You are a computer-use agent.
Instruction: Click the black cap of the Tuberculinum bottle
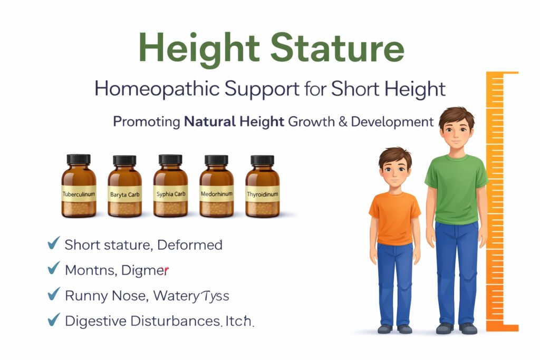click(x=79, y=159)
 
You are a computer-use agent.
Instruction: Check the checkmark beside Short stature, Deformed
click(x=53, y=244)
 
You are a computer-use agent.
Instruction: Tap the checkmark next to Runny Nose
click(x=53, y=294)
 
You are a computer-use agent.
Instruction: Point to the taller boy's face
click(x=456, y=132)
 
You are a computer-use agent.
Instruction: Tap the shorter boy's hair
click(x=395, y=157)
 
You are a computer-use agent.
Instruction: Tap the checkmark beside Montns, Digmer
click(x=53, y=269)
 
